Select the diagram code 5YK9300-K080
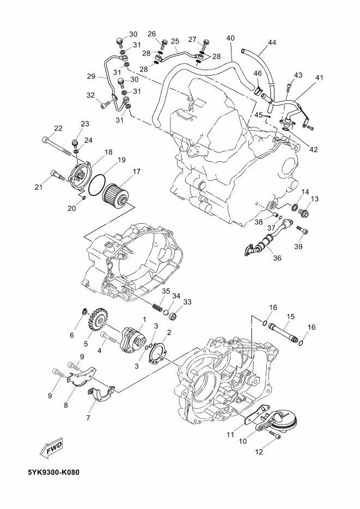click(53, 471)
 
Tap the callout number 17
click(137, 171)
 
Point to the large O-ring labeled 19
click(97, 185)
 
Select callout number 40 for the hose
click(230, 38)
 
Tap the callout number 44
click(272, 42)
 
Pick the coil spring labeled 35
click(157, 307)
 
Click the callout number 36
click(277, 258)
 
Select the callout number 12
click(259, 451)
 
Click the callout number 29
click(91, 77)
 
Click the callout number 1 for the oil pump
click(144, 320)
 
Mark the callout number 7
click(88, 418)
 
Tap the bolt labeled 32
click(105, 105)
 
